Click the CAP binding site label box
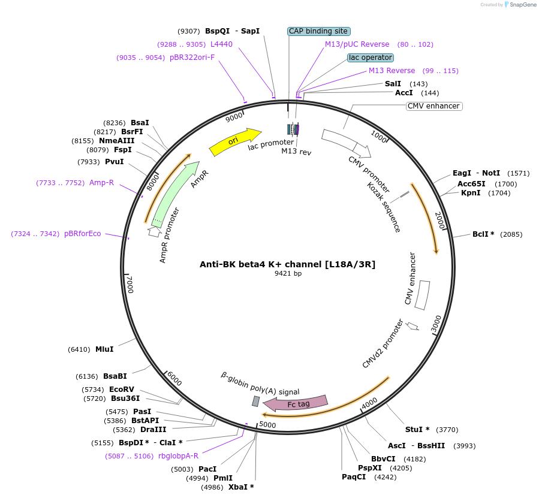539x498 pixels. (x=318, y=31)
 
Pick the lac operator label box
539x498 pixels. (x=371, y=58)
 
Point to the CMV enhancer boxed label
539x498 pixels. (x=434, y=106)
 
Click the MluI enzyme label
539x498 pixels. (x=104, y=349)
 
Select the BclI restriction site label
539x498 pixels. (x=483, y=234)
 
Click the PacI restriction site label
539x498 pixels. (x=207, y=469)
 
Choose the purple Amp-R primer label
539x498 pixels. (x=101, y=183)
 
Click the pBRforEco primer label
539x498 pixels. (x=83, y=234)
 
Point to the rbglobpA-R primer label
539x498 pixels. (x=178, y=456)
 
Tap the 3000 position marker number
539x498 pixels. (x=436, y=324)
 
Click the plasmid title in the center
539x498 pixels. (x=288, y=264)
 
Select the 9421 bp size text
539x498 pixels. (x=288, y=274)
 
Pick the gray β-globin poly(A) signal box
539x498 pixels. (x=256, y=401)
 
